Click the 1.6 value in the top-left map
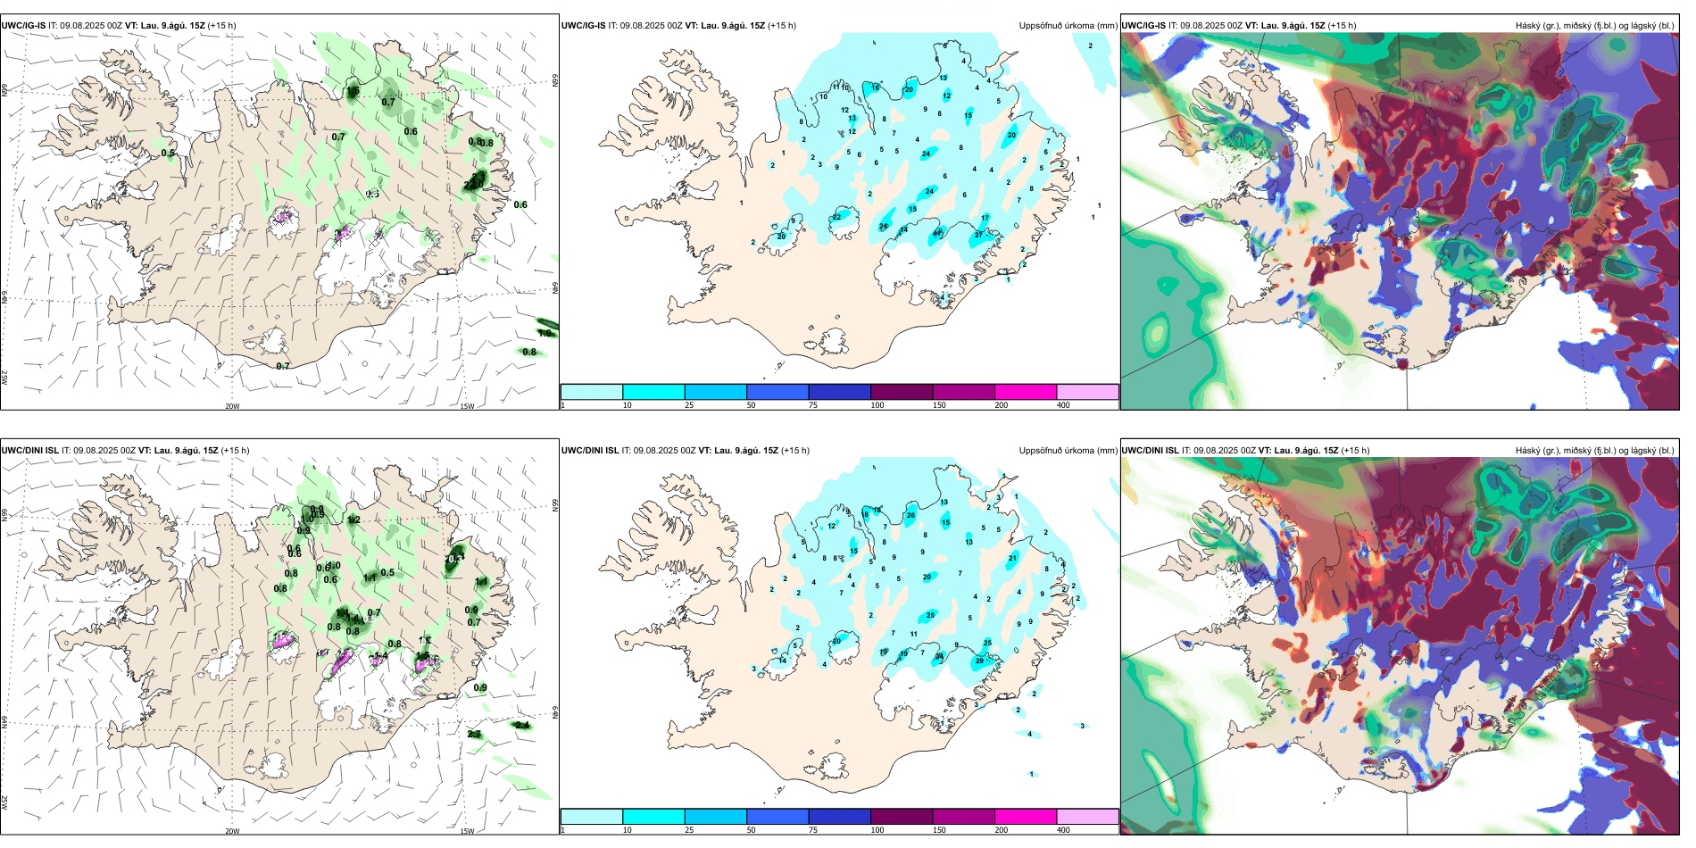[x=353, y=91]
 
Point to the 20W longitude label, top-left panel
[x=232, y=406]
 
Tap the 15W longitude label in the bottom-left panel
[x=467, y=831]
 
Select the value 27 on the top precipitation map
[x=979, y=235]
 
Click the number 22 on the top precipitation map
[x=836, y=217]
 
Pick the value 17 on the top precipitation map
[x=985, y=218]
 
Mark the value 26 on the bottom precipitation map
[x=911, y=515]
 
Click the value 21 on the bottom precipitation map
[x=1012, y=558]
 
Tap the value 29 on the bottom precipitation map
[x=980, y=661]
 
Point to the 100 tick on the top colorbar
[x=877, y=405]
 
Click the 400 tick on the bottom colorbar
[x=1063, y=830]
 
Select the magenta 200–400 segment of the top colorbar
[x=1026, y=392]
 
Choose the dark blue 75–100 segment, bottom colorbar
[x=839, y=817]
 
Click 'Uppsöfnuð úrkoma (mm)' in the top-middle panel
[x=1068, y=26]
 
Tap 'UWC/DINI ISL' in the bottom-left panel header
[x=29, y=451]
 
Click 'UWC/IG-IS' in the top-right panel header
[x=1143, y=26]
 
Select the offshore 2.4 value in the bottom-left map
[x=522, y=726]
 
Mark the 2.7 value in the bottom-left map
[x=474, y=734]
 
